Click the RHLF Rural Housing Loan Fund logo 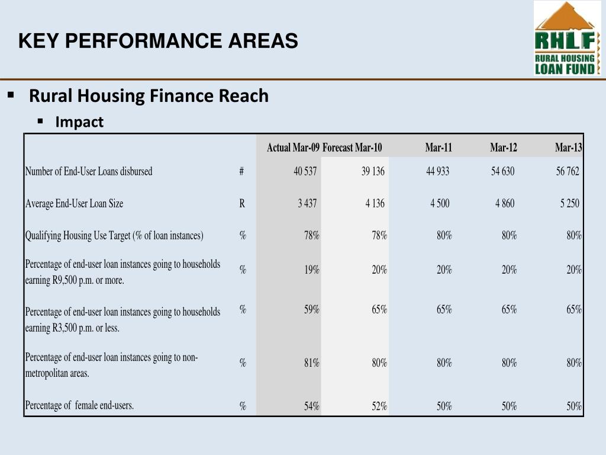[x=567, y=39]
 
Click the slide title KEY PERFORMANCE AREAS [x=158, y=41]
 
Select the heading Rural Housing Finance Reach [x=149, y=95]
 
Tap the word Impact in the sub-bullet [x=79, y=122]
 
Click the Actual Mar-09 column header [x=293, y=148]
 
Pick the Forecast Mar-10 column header [x=352, y=148]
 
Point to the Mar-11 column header [x=438, y=148]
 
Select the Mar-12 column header [x=503, y=148]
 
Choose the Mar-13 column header [x=568, y=148]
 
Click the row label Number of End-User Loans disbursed [x=89, y=171]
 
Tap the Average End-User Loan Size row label [x=74, y=203]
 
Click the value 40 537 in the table [x=305, y=171]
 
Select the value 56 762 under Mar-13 [x=568, y=171]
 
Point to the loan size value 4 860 [x=505, y=203]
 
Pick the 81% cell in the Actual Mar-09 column [x=312, y=363]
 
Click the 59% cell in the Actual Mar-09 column [x=312, y=309]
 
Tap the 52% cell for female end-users [x=379, y=406]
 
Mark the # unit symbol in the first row [x=241, y=171]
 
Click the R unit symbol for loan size [x=242, y=203]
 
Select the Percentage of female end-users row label [x=79, y=405]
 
